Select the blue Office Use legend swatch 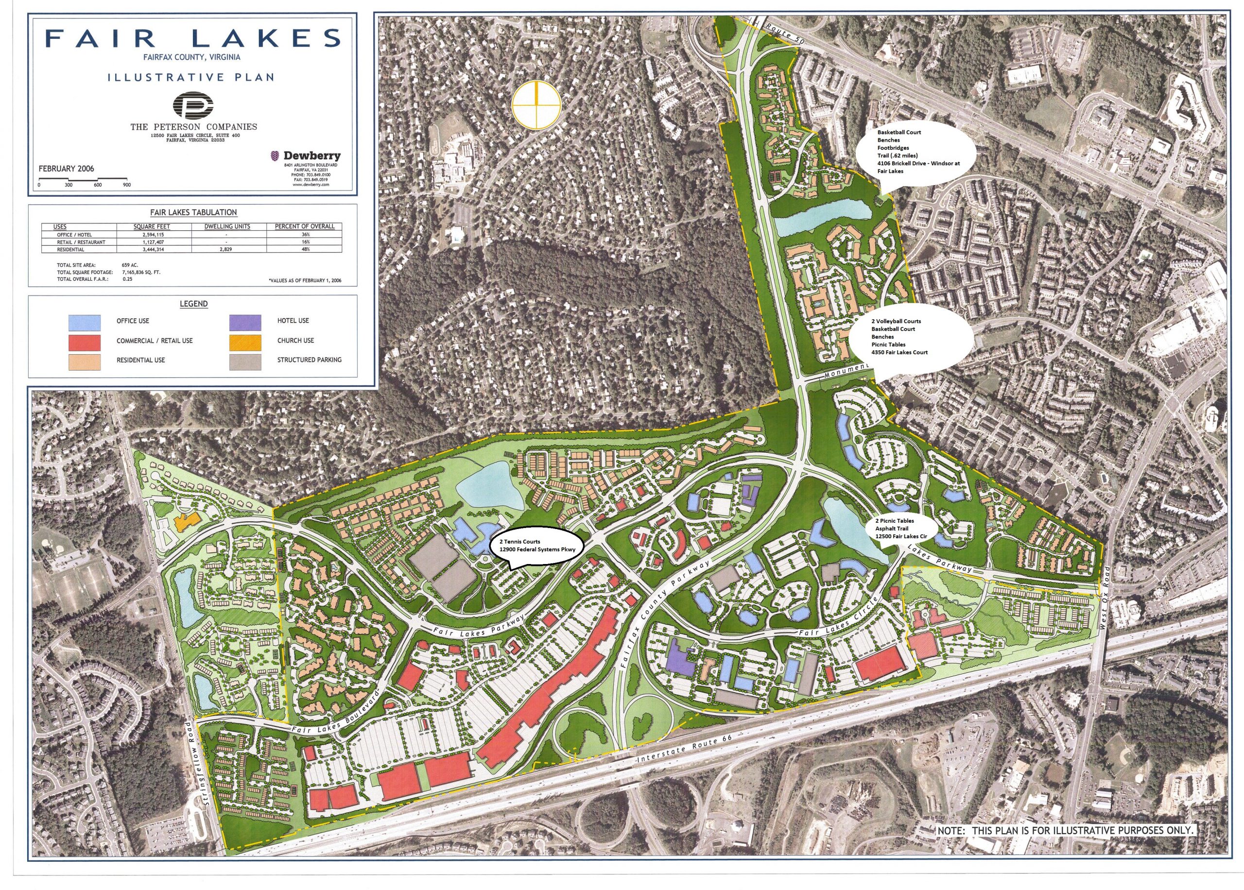85,322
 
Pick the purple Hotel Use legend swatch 245,322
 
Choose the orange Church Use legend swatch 245,341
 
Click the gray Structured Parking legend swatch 245,360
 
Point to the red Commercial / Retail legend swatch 85,342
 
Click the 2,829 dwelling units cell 226,249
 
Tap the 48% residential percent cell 300,249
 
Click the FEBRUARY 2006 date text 66,169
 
